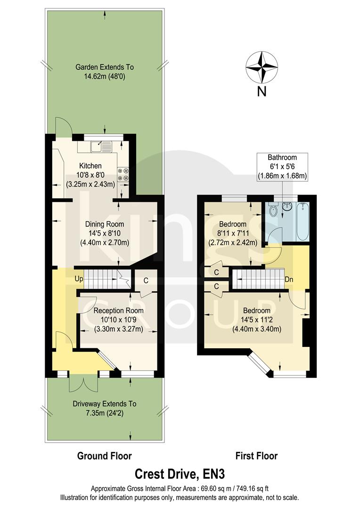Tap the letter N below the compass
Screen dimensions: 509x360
point(262,91)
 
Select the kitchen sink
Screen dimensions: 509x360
point(100,147)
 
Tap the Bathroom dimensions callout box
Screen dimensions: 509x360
point(281,166)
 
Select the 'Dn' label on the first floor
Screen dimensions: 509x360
point(290,279)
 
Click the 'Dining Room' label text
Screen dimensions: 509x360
point(104,224)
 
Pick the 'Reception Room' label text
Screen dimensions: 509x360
point(118,311)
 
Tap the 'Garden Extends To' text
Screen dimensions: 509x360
point(104,67)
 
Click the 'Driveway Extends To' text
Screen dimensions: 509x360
point(104,404)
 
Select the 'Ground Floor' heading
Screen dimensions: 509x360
point(104,456)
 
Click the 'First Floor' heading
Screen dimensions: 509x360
point(256,456)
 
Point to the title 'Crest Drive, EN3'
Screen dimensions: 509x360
point(180,473)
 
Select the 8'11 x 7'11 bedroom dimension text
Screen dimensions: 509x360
point(233,233)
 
